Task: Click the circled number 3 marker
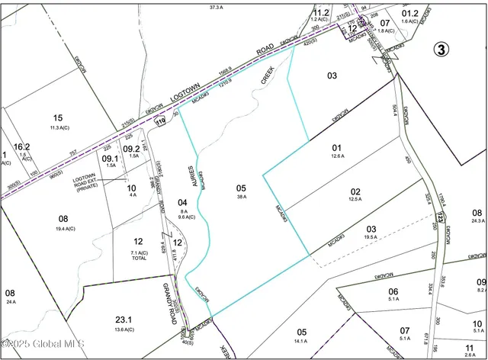point(441,50)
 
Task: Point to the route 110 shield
point(160,122)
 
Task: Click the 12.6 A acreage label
point(338,156)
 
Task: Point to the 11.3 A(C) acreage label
point(58,127)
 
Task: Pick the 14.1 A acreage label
point(302,341)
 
